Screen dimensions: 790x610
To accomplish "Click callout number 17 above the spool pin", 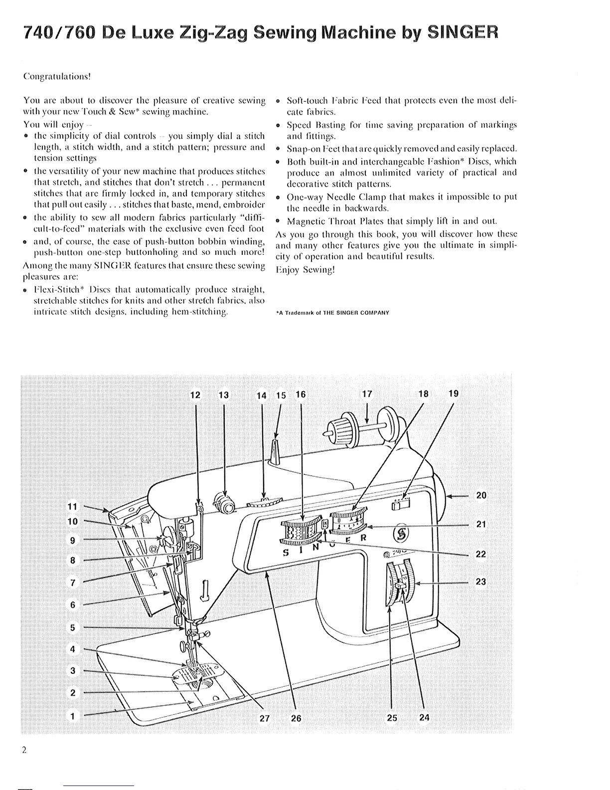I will pyautogui.click(x=367, y=394).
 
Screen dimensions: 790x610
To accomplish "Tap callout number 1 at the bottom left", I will pyautogui.click(x=73, y=716).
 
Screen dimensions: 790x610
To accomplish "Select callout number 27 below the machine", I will pyautogui.click(x=264, y=718).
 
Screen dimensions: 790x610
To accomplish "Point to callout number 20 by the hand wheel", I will pyautogui.click(x=481, y=495).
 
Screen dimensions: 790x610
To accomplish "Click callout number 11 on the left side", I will pyautogui.click(x=73, y=506).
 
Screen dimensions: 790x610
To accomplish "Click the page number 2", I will pyautogui.click(x=24, y=750).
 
